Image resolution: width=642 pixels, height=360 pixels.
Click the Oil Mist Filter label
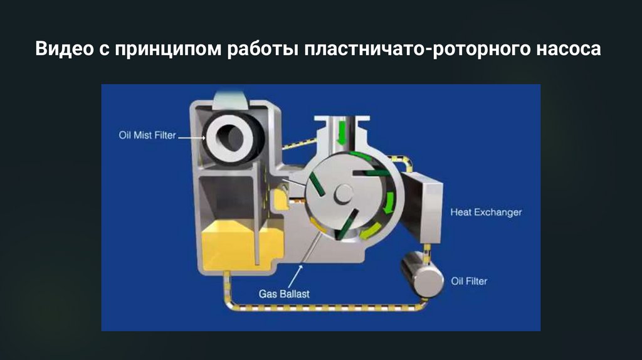147,135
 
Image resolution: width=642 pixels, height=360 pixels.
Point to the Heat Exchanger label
486,212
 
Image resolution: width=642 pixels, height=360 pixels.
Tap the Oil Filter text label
469,282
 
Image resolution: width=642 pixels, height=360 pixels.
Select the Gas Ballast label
284,294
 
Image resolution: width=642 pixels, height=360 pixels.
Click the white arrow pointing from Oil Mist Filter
192,137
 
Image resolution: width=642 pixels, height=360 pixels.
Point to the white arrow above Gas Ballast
295,277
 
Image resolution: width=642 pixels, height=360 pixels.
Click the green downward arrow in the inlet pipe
341,134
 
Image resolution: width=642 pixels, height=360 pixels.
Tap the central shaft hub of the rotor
343,194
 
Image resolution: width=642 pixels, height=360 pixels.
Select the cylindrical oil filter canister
423,274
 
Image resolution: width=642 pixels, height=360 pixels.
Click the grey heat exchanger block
422,207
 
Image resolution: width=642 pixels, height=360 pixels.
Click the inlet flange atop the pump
342,119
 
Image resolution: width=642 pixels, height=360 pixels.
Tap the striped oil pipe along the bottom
325,307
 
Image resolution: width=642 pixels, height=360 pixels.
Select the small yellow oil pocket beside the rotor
281,199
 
